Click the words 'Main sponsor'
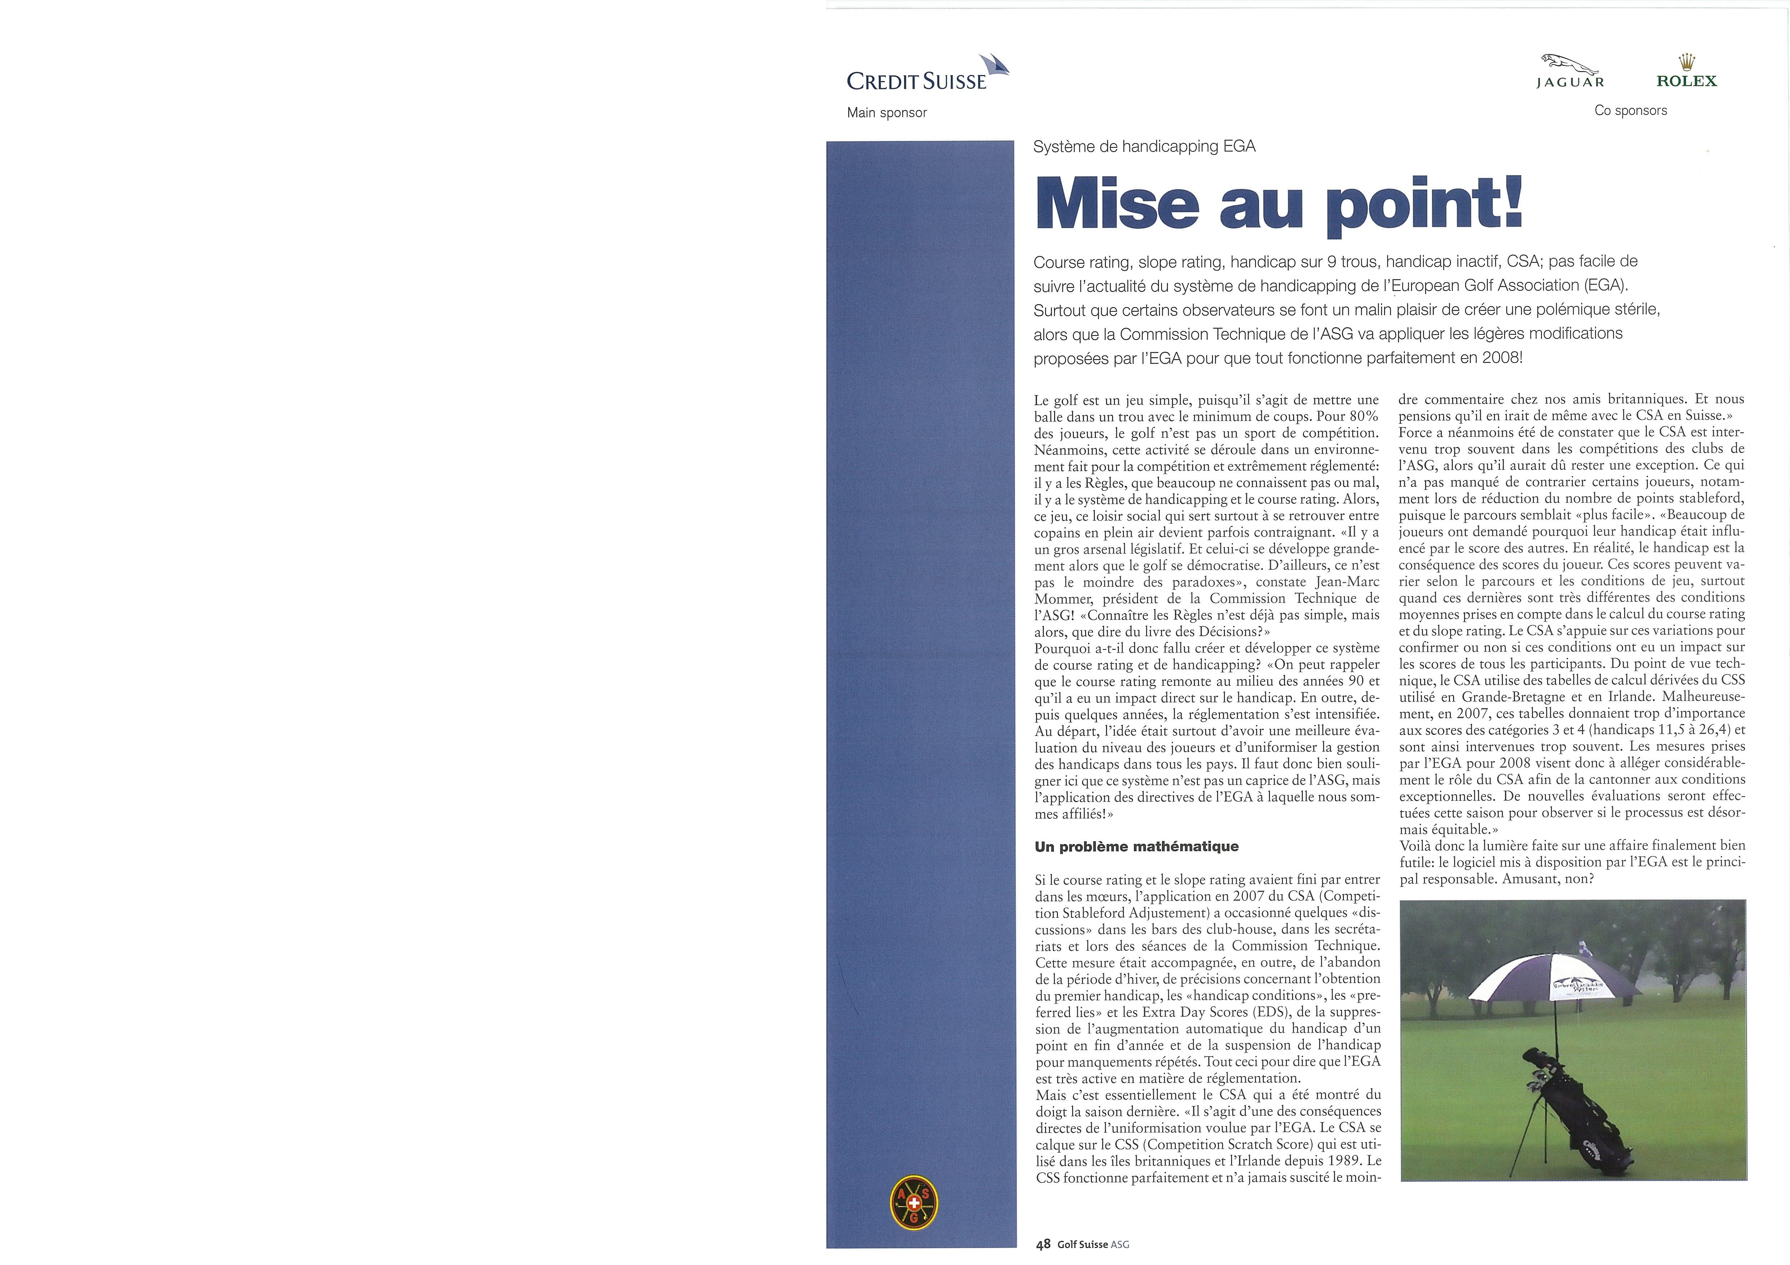click(x=886, y=113)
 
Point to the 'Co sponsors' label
click(x=1630, y=111)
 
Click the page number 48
click(x=1043, y=1245)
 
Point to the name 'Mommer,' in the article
click(x=1063, y=599)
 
